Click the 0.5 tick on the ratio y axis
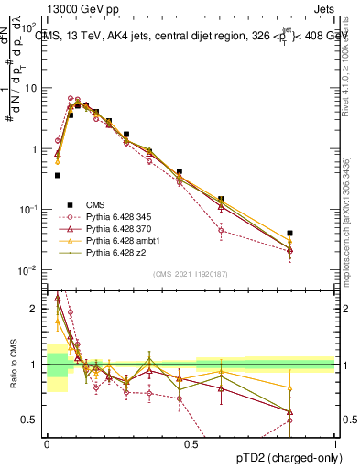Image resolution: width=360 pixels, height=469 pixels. coord(32,420)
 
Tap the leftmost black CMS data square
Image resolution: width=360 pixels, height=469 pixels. coord(58,175)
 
